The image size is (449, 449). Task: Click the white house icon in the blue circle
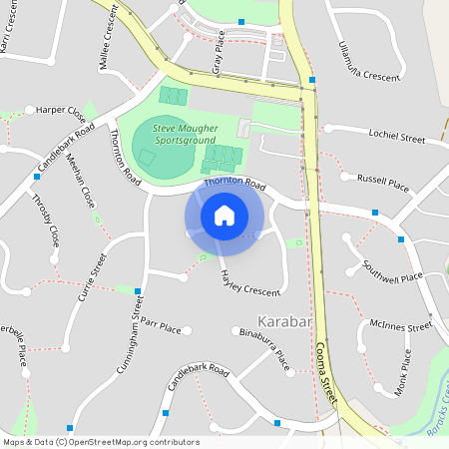click(224, 215)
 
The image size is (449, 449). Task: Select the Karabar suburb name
click(285, 322)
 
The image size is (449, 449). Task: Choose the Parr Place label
click(161, 326)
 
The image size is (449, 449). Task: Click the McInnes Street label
click(399, 326)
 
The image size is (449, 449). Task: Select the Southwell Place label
click(392, 270)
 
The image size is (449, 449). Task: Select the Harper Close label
click(61, 108)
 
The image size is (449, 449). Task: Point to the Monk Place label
click(403, 372)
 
